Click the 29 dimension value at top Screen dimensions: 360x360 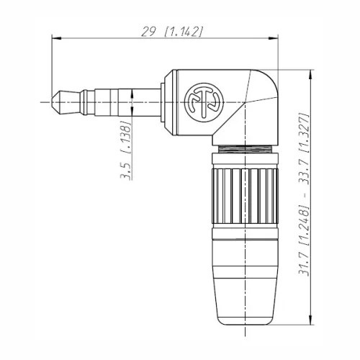[x=148, y=32]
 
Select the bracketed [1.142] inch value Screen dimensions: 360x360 [x=184, y=32]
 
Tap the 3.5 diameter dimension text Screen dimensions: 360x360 [x=126, y=171]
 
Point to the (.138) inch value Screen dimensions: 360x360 [x=126, y=137]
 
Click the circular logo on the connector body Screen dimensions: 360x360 [x=204, y=102]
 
